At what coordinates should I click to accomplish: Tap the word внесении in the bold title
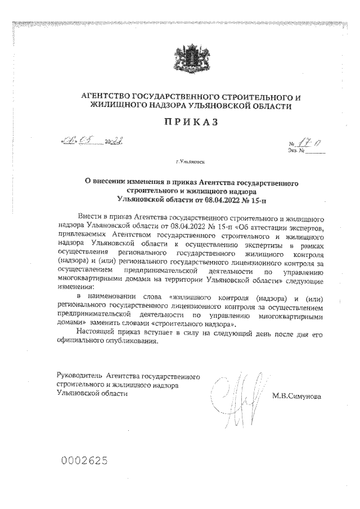110,183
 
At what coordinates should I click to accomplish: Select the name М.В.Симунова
296,397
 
